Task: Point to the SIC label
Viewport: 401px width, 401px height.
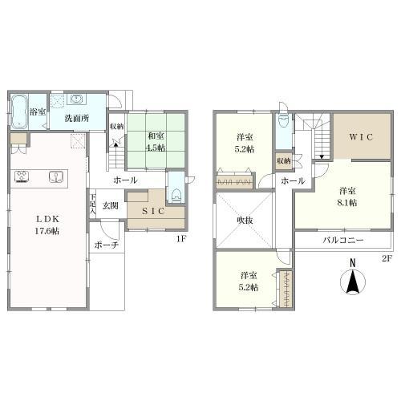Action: [154, 210]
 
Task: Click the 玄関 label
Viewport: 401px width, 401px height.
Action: [110, 205]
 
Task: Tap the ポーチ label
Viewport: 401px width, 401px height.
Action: [107, 245]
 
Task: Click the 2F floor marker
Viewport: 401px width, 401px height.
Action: [386, 258]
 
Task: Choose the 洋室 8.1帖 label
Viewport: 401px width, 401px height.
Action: [346, 196]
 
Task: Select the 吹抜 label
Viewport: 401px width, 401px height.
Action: [245, 218]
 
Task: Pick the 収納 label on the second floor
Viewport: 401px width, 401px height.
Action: [282, 160]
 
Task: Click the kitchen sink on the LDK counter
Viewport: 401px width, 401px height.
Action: [55, 177]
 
